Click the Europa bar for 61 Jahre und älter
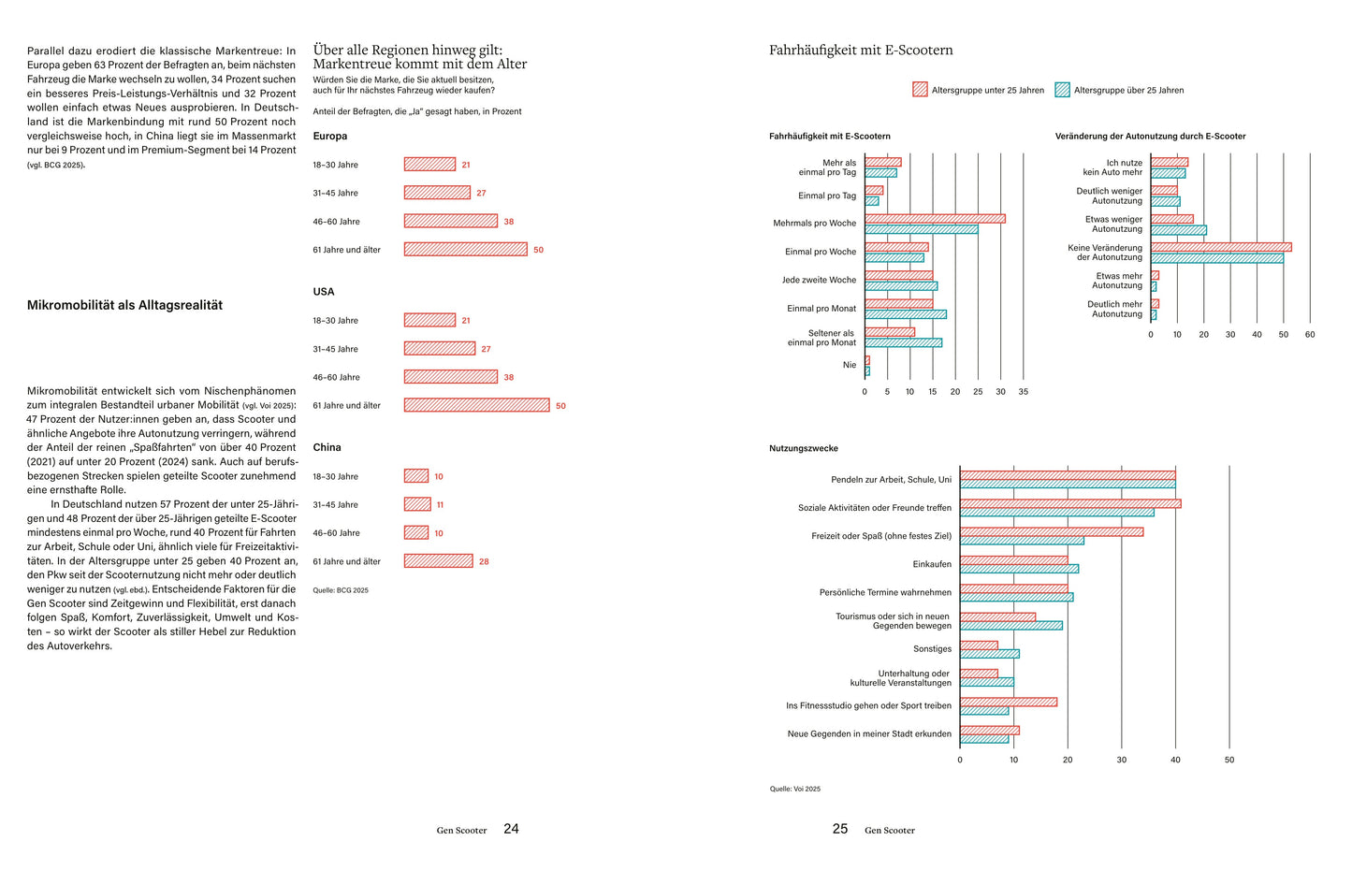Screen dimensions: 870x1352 465,250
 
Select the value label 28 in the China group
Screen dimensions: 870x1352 484,561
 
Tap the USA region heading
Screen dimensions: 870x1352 324,292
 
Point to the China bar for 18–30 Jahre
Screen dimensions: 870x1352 416,476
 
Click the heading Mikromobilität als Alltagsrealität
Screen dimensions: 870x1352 124,305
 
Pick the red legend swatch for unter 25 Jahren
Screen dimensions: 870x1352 920,90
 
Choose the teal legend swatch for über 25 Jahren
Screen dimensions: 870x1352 1062,90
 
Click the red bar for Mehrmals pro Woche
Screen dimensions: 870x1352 935,219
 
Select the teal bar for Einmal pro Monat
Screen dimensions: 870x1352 905,314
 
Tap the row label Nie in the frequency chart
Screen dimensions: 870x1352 849,365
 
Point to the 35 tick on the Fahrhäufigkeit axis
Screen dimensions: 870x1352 1023,392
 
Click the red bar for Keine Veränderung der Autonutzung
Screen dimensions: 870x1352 1221,247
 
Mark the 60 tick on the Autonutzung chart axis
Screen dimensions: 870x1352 1310,335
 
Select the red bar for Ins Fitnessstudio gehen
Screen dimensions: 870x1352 1008,702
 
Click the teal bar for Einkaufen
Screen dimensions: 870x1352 1019,569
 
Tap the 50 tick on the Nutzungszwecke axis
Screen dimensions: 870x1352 1229,760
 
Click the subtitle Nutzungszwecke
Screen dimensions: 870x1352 804,448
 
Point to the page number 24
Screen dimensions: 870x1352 511,829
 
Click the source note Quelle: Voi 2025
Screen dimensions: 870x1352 795,790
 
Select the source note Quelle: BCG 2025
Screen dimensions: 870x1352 341,590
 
